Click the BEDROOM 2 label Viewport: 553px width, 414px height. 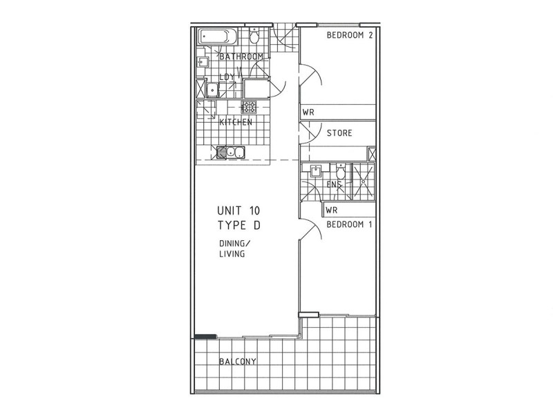point(349,37)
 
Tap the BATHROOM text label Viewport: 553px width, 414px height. point(241,57)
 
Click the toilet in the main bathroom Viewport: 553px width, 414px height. point(255,36)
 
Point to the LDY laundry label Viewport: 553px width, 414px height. point(227,77)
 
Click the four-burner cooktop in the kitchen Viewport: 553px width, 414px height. point(248,107)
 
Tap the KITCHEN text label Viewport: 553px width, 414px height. point(235,123)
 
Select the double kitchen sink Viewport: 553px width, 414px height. point(231,152)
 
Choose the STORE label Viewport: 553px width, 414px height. point(339,133)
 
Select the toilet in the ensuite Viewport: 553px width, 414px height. point(339,170)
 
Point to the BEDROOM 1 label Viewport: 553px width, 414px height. point(348,226)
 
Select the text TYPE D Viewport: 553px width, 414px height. point(238,226)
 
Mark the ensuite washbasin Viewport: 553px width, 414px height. point(315,170)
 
